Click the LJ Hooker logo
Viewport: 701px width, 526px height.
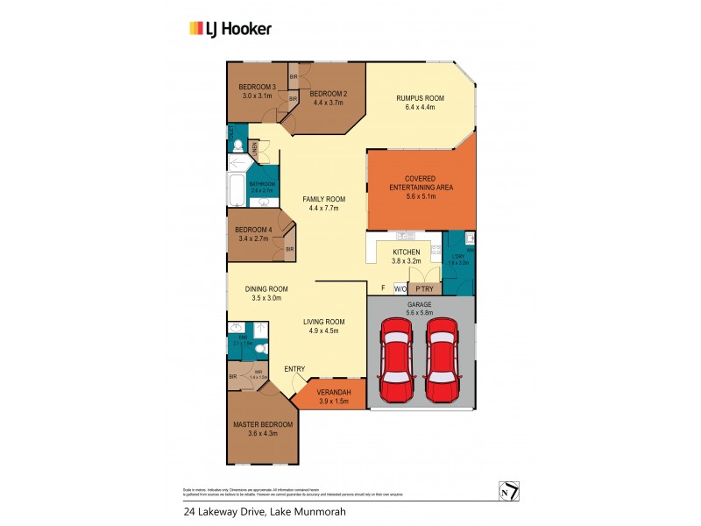[x=230, y=28]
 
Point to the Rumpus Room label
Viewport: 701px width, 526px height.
[x=421, y=99]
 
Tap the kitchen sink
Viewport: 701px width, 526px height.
[x=405, y=236]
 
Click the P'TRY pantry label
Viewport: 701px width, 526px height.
[x=425, y=288]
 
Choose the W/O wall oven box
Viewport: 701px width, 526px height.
[x=400, y=288]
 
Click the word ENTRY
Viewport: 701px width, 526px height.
[x=294, y=369]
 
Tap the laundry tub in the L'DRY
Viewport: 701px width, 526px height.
[x=469, y=238]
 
